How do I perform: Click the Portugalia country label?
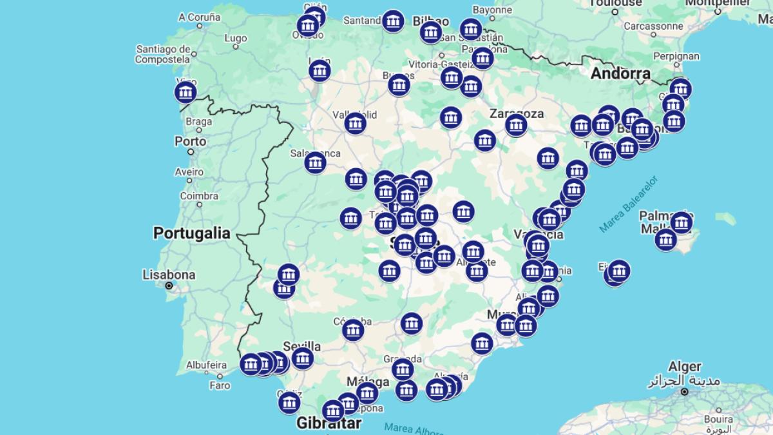(191, 233)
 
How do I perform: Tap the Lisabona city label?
(169, 275)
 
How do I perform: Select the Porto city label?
(190, 141)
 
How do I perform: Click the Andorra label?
(620, 73)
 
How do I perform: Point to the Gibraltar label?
(329, 423)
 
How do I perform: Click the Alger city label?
(683, 367)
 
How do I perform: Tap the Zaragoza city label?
(516, 113)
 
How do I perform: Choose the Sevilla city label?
(301, 345)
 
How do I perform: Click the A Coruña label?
(200, 17)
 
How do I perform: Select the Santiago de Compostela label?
(163, 54)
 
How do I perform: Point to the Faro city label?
(220, 385)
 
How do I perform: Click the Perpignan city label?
(676, 56)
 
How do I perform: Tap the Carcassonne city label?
(653, 26)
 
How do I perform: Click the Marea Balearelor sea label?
(627, 204)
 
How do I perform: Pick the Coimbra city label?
(199, 196)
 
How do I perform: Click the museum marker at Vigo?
(186, 93)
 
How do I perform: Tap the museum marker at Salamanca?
(315, 163)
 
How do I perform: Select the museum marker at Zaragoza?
(516, 125)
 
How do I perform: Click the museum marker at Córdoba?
(353, 330)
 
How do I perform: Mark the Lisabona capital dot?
(169, 285)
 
